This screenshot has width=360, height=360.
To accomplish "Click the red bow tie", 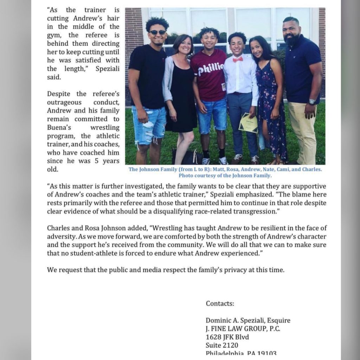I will [238, 59].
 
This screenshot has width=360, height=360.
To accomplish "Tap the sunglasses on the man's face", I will [157, 32].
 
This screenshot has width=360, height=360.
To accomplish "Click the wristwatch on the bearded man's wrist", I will [312, 102].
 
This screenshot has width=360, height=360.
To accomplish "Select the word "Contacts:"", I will [220, 303].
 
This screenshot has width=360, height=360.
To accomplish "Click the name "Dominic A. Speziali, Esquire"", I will [248, 320].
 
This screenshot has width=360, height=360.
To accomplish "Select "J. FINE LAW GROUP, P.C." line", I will [243, 329].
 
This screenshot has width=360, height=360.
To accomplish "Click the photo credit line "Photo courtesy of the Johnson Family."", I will [225, 175].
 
